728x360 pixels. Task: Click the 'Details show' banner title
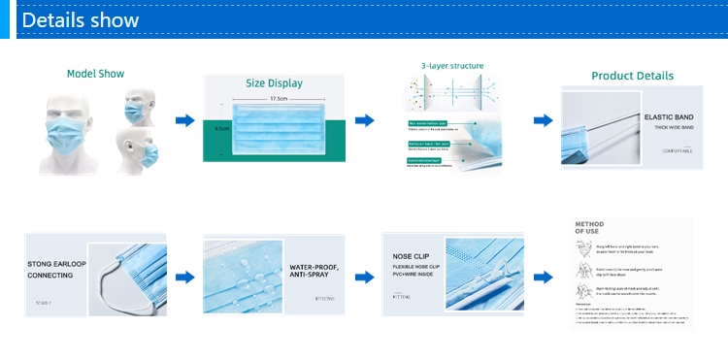pos(81,19)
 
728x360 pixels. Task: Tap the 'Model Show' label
pos(95,74)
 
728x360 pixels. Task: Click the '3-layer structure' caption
pos(451,66)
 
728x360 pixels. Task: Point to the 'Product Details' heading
pos(632,76)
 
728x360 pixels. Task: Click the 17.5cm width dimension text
pos(278,98)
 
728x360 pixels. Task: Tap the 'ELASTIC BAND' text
pos(666,116)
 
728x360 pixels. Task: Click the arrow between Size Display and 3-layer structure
pos(364,119)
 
